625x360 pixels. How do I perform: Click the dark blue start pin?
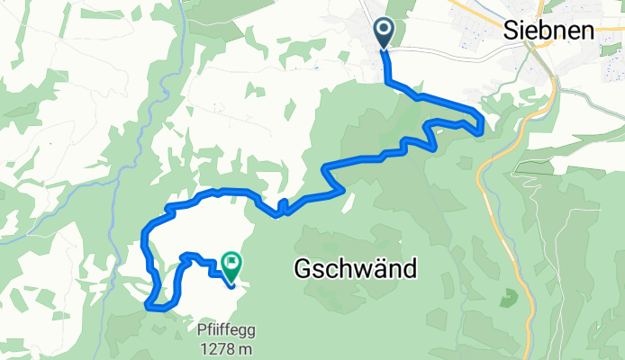[x=384, y=33]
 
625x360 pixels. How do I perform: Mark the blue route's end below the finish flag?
[x=231, y=286]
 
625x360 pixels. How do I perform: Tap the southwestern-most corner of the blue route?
[x=147, y=306]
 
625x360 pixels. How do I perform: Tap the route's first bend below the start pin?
[x=388, y=82]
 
